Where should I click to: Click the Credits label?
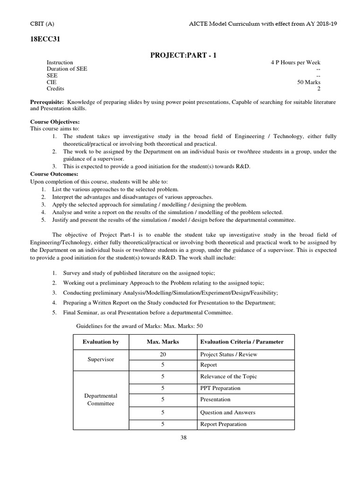(55, 89)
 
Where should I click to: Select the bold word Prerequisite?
(47, 102)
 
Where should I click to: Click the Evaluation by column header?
(101, 342)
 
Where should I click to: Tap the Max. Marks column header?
(163, 342)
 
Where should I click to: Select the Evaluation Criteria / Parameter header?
(242, 342)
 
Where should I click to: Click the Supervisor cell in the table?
(101, 360)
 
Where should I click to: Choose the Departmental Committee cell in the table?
(101, 400)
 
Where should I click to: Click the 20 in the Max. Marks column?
(163, 354)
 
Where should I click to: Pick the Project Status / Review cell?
(229, 354)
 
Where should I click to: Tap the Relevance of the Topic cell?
(228, 377)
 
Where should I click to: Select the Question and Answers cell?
(228, 413)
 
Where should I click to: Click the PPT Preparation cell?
(220, 388)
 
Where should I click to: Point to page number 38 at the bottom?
(184, 438)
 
